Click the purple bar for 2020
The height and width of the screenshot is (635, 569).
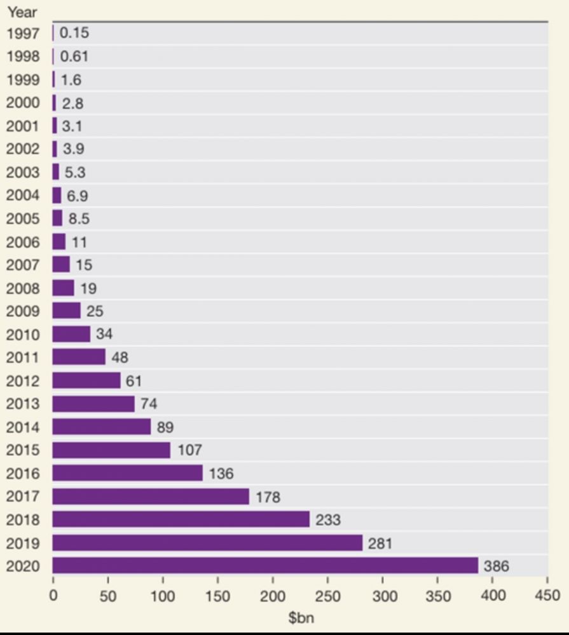265,565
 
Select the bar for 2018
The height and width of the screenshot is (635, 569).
181,519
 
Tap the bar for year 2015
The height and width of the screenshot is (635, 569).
111,450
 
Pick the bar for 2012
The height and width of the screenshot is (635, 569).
86,380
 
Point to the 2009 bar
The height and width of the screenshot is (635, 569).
67,311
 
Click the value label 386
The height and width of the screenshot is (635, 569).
497,566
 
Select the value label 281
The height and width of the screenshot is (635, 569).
380,543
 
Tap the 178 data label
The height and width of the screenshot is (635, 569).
268,497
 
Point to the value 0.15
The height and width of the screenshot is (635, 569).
75,33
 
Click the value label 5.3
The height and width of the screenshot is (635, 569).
75,172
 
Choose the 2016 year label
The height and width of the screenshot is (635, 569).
23,474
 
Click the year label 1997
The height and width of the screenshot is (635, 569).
23,34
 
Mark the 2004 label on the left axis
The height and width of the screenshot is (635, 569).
23,196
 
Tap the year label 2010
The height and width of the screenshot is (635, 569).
23,335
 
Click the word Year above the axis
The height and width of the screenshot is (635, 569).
22,12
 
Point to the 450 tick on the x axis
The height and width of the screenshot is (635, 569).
547,596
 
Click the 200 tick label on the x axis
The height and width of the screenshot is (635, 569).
273,596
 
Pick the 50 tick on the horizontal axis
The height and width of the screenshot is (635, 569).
108,596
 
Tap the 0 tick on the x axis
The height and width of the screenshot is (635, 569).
53,596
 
